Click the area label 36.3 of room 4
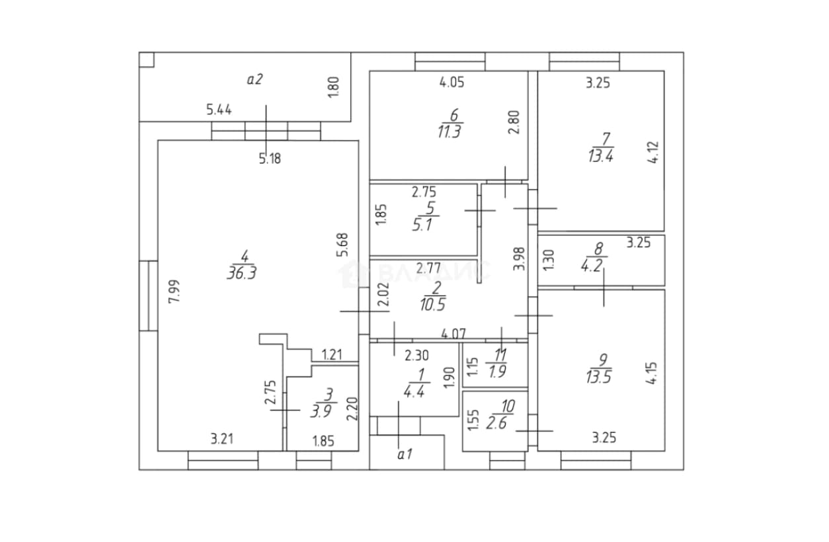point(242,273)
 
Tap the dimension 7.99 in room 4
point(175,291)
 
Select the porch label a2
point(255,79)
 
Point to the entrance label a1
point(405,455)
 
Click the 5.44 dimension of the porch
point(219,110)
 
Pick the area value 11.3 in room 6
point(450,132)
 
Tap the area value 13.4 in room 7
point(601,156)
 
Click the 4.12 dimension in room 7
point(654,152)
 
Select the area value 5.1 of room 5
point(422,225)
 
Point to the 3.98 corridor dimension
point(520,258)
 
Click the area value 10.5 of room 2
point(432,304)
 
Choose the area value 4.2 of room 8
point(592,266)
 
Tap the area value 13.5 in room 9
point(599,377)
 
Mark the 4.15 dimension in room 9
point(651,373)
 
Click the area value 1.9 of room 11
point(497,371)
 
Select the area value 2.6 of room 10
point(496,423)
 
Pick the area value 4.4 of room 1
point(414,392)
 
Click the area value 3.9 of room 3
point(321,410)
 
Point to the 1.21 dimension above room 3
point(332,355)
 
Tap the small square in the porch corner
point(146,59)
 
